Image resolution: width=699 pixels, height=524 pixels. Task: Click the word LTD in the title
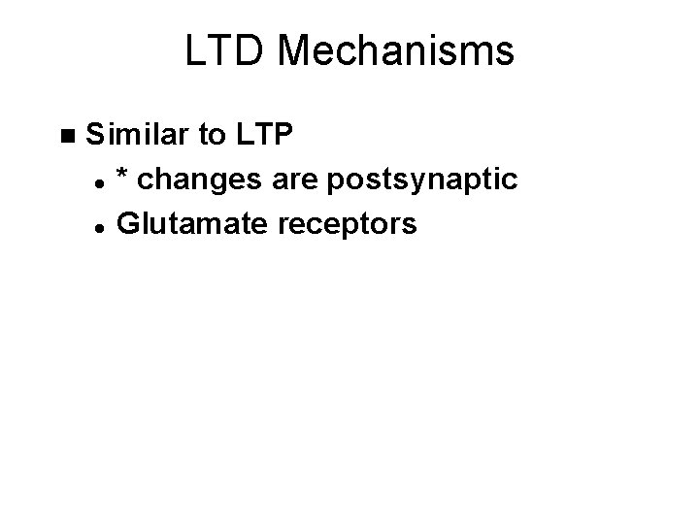click(219, 52)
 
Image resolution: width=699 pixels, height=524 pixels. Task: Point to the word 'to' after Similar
click(212, 134)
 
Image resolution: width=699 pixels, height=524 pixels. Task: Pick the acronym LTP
click(261, 134)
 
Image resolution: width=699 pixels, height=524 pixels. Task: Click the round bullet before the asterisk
click(100, 180)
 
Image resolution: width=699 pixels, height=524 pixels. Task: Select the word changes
click(189, 180)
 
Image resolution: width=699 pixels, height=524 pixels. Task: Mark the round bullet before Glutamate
click(100, 226)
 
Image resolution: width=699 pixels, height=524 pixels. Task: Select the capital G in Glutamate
click(126, 225)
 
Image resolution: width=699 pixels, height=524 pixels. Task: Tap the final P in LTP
click(281, 134)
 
